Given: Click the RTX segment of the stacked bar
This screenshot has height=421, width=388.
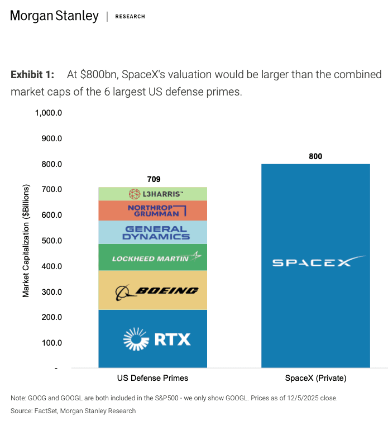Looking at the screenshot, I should coord(153,339).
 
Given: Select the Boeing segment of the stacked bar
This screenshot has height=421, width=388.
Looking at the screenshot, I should coord(153,290).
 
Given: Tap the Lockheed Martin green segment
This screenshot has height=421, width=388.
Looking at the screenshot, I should coord(153,257).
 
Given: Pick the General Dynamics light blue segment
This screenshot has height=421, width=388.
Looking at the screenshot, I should coord(153,232).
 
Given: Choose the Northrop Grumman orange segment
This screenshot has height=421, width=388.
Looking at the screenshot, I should coord(153,210).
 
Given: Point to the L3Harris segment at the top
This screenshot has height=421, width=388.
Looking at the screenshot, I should coord(153,194).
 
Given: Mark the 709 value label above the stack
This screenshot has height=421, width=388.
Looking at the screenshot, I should coord(154,179).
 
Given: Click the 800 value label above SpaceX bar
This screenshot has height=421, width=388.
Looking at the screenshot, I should coord(315,156).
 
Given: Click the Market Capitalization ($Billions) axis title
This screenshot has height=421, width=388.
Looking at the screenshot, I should coord(26,241).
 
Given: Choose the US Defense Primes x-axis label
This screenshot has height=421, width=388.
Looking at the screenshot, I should coord(152,378).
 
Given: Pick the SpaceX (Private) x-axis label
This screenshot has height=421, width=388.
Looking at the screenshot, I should coord(315,378).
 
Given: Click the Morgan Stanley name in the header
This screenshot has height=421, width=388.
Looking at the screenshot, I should coord(54,16).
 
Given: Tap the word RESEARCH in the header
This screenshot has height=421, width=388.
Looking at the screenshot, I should coord(130,17).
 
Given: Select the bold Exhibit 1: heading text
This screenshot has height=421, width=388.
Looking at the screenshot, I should coord(32,74).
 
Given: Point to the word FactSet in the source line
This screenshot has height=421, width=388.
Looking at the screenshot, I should coord(49,411).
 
